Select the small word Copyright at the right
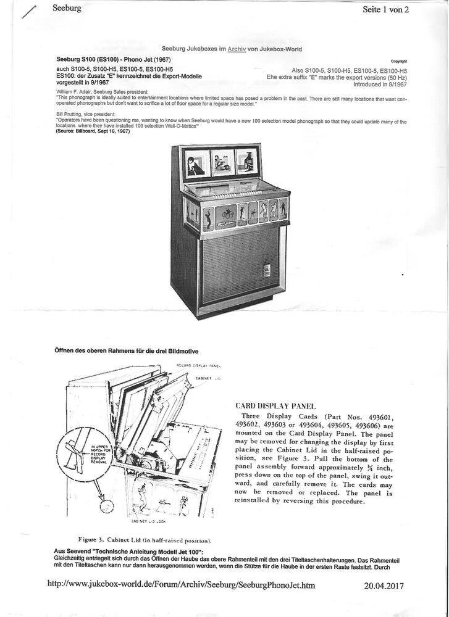399,61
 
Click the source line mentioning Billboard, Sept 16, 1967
93,131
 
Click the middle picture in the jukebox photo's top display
222,162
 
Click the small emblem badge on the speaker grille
267,270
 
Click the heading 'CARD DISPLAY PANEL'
276,406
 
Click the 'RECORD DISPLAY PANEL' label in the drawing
199,366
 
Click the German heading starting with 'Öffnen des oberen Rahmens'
127,351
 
